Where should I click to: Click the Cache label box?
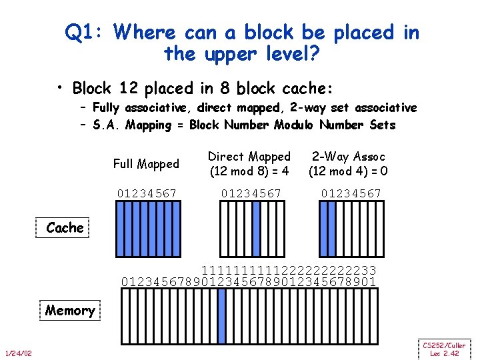pos(65,228)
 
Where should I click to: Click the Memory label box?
pos(69,311)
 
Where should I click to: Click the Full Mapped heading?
pos(146,164)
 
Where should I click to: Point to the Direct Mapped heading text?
pos(249,157)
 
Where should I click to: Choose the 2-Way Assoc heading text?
pos(348,157)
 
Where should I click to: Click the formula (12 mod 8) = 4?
pos(249,171)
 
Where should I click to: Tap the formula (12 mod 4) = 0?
pos(348,171)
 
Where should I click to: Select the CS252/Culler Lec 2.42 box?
pos(445,349)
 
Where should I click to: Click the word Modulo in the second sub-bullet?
pos(292,125)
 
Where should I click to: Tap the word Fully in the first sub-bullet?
pos(107,108)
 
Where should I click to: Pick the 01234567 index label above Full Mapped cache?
pos(147,193)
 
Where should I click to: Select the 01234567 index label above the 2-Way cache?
pos(351,193)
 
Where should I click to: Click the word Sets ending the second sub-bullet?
pos(381,125)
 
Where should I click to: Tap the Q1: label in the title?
pos(87,32)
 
